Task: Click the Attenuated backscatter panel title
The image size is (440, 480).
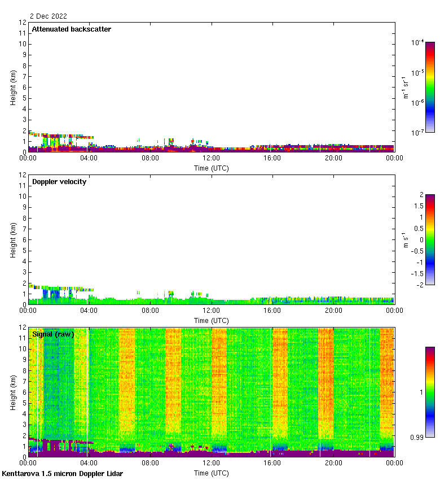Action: tap(72, 29)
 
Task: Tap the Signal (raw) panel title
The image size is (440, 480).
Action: tap(53, 334)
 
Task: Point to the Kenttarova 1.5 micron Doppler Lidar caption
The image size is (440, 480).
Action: tap(62, 473)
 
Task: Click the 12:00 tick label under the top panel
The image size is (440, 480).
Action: tap(212, 159)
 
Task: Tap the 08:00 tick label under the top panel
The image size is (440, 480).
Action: tap(150, 159)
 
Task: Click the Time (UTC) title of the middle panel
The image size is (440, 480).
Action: tap(212, 320)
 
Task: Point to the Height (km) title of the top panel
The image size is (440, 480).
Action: tap(14, 87)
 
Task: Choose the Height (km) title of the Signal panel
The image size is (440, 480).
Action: tap(14, 392)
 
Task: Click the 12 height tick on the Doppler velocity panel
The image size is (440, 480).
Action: tap(23, 175)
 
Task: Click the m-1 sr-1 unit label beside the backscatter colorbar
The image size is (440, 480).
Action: tap(405, 87)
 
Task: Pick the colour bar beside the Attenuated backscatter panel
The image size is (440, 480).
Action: tap(430, 87)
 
